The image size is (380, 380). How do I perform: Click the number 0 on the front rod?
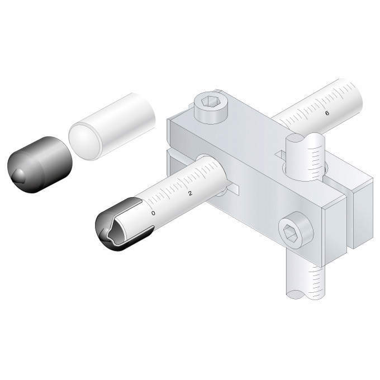pyautogui.click(x=153, y=213)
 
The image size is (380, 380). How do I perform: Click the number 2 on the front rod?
pyautogui.click(x=190, y=193)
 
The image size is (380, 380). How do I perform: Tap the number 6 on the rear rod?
pyautogui.click(x=327, y=113)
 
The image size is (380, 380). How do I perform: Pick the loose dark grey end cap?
pyautogui.click(x=40, y=165)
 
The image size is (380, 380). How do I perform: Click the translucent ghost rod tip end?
pyautogui.click(x=84, y=141)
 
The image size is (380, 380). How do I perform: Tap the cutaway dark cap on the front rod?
pyautogui.click(x=121, y=224)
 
